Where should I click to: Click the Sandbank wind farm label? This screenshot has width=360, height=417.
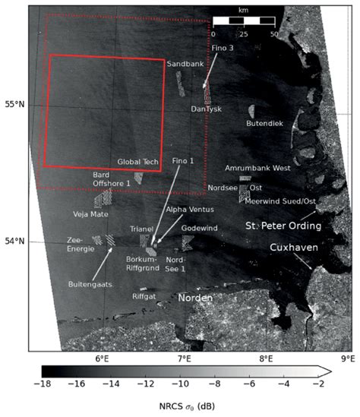coord(185,65)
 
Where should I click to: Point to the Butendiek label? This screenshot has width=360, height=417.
coord(265,122)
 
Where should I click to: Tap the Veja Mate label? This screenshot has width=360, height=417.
coord(91,215)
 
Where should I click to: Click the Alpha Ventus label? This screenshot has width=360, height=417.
coord(190,209)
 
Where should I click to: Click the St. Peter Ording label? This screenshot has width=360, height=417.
coord(283,226)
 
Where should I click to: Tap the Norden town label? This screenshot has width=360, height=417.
coord(195,299)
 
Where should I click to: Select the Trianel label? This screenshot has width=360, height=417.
coord(142,228)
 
